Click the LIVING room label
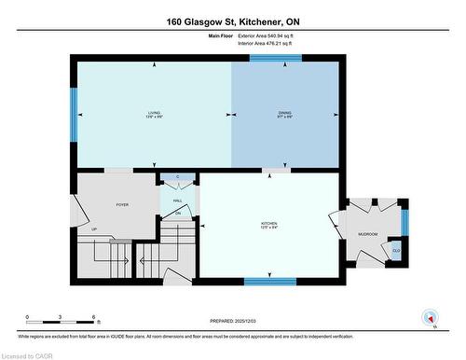(x=154, y=115)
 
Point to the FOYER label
(x=122, y=204)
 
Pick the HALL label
(x=177, y=201)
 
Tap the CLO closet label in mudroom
(x=395, y=251)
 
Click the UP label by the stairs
(x=93, y=228)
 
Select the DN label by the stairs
(x=177, y=215)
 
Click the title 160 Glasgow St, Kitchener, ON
(x=232, y=21)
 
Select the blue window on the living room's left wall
(x=74, y=115)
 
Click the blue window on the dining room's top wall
(x=275, y=58)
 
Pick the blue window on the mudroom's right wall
(x=404, y=221)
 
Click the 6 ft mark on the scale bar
(x=94, y=318)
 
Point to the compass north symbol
(x=430, y=317)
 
